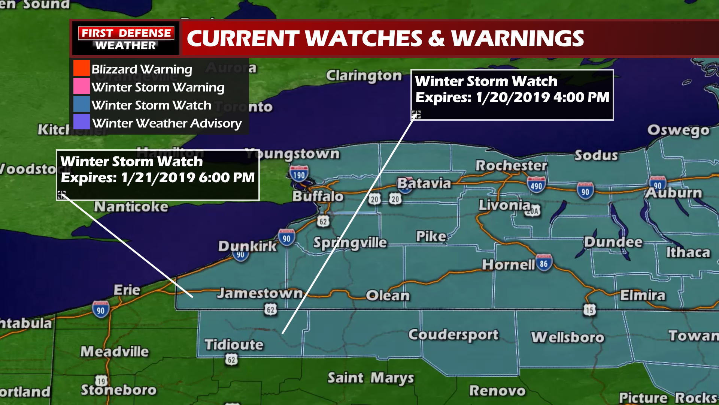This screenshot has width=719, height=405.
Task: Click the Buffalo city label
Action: click(318, 196)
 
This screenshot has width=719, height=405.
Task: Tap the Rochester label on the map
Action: click(511, 165)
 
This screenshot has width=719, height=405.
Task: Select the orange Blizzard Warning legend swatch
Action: click(81, 68)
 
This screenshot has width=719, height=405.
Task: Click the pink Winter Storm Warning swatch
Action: click(81, 86)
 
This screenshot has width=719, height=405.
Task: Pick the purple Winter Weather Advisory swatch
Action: click(81, 122)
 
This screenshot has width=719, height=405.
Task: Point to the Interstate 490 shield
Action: click(536, 184)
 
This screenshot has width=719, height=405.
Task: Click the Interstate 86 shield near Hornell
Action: click(544, 263)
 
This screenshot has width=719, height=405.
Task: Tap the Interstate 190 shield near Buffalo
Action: click(299, 174)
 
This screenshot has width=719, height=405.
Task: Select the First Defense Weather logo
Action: click(125, 39)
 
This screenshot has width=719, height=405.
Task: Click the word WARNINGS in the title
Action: click(518, 39)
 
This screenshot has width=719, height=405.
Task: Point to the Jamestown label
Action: click(260, 293)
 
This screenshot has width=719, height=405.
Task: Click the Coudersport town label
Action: click(453, 334)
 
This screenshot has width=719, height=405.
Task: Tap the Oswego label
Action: click(678, 130)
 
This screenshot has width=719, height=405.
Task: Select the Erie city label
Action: click(127, 290)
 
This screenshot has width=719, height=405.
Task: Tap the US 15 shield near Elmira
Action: click(589, 310)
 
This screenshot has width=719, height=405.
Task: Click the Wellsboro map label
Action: click(567, 337)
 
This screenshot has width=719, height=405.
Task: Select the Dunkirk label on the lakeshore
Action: click(247, 246)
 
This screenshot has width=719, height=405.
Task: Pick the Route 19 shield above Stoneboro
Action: click(101, 381)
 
